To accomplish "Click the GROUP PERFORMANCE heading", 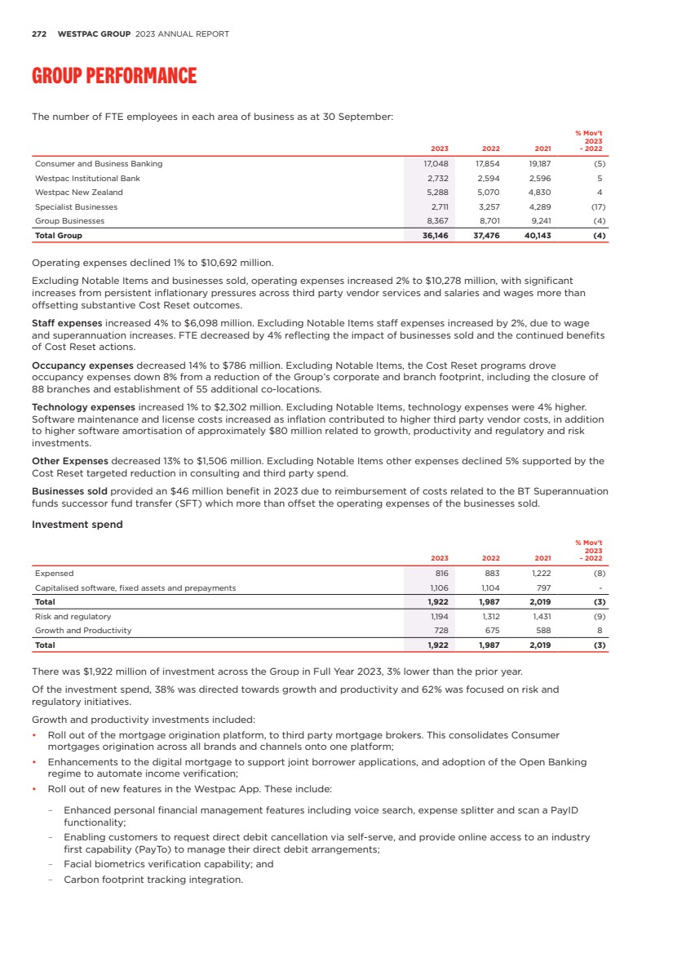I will pos(113,77).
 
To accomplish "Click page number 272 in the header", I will pos(38,34).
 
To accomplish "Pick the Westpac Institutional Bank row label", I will pos(87,178).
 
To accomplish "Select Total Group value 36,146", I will pos(436,236).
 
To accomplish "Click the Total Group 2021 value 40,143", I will pos(537,236).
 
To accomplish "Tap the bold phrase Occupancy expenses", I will pos(82,366).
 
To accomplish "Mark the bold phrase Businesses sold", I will pos(69,491).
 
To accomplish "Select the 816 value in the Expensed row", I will pos(441,573).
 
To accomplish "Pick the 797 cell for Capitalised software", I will pos(543,587).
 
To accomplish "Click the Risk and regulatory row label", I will pos(73,616).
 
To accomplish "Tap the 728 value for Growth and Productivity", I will pos(441,631).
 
